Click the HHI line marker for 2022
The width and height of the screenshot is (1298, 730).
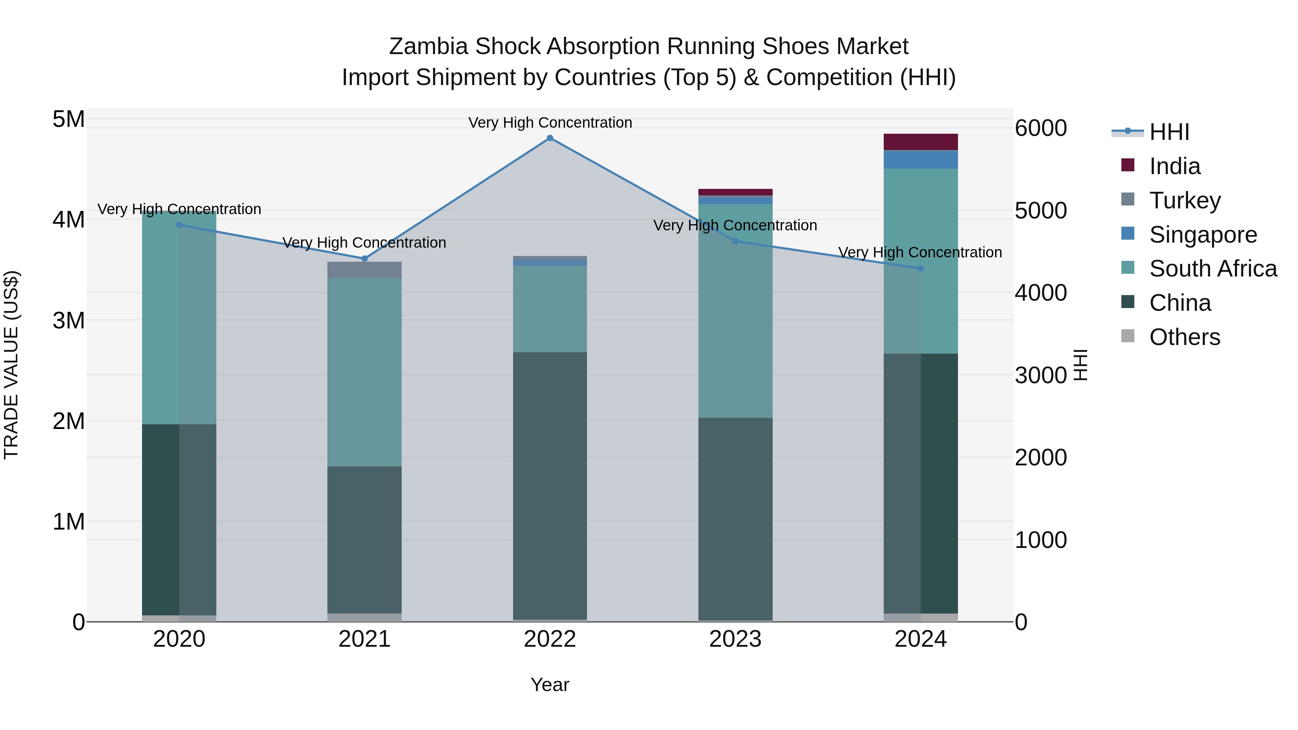point(550,138)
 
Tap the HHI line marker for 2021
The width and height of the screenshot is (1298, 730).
point(365,258)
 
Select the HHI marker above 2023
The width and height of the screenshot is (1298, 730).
point(735,241)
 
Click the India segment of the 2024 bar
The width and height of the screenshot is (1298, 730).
point(920,142)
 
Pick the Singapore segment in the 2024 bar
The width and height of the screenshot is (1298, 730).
point(920,159)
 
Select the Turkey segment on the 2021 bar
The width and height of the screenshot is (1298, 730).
point(364,270)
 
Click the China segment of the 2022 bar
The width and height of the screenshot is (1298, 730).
point(550,484)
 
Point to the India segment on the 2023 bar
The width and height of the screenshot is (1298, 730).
point(735,192)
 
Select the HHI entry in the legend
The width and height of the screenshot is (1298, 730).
point(1169,132)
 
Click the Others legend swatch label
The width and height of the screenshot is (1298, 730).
point(1184,337)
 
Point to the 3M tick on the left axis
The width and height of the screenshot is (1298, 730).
point(69,320)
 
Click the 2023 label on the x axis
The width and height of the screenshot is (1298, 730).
point(735,639)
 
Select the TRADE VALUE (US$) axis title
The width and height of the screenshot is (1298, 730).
point(11,365)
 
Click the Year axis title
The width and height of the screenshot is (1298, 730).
point(550,685)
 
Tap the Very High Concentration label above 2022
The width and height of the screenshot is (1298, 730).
point(550,123)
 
